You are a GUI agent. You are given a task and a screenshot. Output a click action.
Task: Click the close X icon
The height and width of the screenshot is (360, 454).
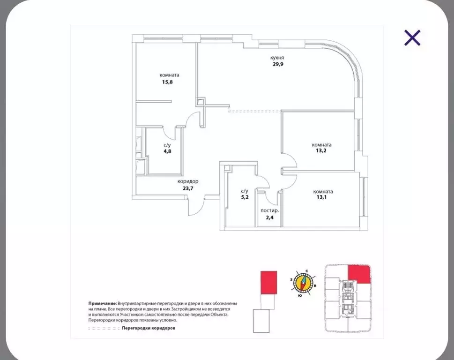coord(412,38)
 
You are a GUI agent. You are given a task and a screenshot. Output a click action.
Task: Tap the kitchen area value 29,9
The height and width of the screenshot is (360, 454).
coord(278,64)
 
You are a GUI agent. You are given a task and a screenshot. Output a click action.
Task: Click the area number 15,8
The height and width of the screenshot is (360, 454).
coord(167,82)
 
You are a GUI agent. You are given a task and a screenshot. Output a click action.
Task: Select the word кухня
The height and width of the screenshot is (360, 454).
coord(277,58)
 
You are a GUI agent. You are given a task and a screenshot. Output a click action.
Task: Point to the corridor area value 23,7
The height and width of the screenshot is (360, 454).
coord(188,188)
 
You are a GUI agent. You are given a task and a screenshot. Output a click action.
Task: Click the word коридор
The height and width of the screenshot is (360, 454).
coord(188,181)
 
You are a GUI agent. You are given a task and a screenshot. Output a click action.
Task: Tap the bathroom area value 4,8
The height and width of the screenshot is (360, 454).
coord(167,151)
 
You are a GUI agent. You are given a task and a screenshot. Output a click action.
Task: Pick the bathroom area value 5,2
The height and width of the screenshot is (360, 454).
coord(245,197)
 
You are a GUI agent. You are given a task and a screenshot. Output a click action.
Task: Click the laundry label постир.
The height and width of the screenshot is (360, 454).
coord(269,210)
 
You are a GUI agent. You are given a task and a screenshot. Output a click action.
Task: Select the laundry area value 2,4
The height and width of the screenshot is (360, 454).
coord(269,217)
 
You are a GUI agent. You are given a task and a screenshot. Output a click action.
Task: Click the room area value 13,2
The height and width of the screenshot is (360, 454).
coord(321,150)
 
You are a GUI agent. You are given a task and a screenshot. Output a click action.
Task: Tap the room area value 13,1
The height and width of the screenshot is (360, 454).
coord(322,197)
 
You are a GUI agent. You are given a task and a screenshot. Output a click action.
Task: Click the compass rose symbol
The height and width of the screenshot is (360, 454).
coord(303,282)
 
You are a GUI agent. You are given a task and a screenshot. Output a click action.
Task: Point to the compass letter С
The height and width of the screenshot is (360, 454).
coord(306,271)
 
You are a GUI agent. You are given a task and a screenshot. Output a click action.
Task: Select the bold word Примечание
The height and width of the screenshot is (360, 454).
coord(103,304)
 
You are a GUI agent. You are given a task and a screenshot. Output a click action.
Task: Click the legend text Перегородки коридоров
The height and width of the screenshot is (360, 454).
coord(149,328)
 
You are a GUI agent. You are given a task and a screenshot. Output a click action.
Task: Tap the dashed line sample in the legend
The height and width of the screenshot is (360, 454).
coord(104,329)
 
